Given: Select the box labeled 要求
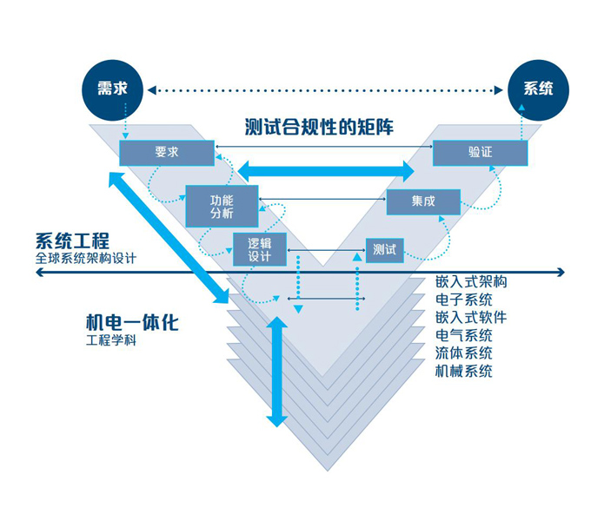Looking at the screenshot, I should (x=167, y=152).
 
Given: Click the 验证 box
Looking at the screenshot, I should (x=480, y=152).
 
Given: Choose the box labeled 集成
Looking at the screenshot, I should (x=422, y=201).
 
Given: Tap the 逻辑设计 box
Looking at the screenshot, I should (x=260, y=249).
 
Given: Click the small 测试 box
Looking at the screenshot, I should (x=384, y=250).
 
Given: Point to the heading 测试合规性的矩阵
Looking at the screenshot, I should (x=320, y=128).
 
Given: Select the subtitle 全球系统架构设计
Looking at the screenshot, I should (x=86, y=258).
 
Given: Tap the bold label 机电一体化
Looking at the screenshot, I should (x=131, y=322).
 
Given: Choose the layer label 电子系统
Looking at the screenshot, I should (x=464, y=300).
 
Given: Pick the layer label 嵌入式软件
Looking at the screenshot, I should (x=471, y=317).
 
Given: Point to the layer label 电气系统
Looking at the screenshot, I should (x=464, y=335).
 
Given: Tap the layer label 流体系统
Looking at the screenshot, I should (x=464, y=353).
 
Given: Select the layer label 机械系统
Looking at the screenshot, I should (x=464, y=371).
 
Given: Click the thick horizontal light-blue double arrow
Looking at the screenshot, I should (x=326, y=169).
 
